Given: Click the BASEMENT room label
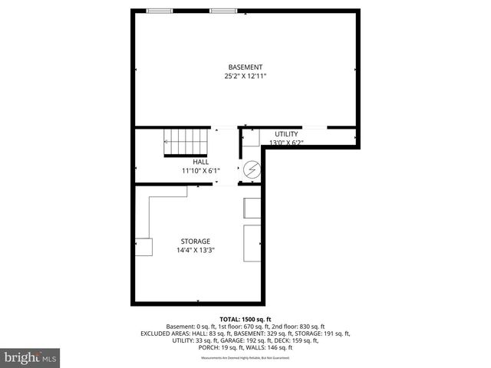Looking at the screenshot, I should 245,67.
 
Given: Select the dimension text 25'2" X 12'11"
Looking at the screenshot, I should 245,77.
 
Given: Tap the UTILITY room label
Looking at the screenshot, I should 286,134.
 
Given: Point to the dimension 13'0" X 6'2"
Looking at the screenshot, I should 286,143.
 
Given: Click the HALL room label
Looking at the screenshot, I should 200,162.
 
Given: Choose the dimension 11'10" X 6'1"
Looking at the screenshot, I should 200,170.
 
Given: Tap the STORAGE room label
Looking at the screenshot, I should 196,241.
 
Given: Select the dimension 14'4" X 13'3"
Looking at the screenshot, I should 196,250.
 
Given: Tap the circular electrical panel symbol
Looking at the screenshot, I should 251,169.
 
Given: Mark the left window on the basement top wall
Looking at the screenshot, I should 160,11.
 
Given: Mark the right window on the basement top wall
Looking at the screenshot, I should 223,11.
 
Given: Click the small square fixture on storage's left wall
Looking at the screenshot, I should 143,247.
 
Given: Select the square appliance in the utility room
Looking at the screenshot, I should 252,138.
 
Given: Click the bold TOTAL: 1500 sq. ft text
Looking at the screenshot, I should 245,319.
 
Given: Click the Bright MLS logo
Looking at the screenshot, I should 31,357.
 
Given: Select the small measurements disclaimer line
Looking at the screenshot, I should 245,358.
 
